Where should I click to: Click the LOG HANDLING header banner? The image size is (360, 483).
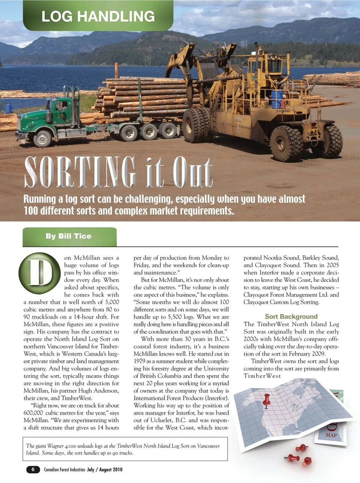[98, 16]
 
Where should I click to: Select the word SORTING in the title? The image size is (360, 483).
[80, 172]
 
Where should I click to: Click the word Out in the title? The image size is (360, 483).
[193, 172]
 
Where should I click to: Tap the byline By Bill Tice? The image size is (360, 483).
[69, 236]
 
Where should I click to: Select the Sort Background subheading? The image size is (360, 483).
[291, 316]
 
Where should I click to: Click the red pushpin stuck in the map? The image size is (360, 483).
[267, 400]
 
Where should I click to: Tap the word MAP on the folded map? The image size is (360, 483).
[331, 435]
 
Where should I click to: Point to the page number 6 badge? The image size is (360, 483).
[33, 469]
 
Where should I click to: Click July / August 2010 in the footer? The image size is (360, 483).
[105, 469]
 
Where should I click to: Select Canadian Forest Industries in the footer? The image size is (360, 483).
[64, 469]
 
